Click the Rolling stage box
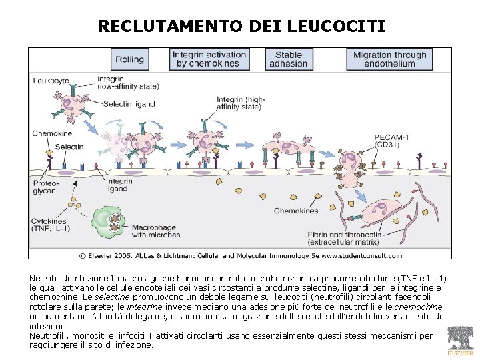(x=129, y=59)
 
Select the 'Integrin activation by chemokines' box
(x=209, y=59)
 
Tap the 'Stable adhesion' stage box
(x=288, y=59)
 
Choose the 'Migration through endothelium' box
(x=389, y=59)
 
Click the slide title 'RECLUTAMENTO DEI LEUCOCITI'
(x=241, y=26)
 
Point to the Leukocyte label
(x=51, y=81)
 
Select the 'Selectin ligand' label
(x=131, y=104)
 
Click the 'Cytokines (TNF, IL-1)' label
(x=50, y=225)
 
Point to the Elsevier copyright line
(x=241, y=255)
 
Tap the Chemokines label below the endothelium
(x=296, y=211)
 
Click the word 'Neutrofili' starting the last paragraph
(x=49, y=336)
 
